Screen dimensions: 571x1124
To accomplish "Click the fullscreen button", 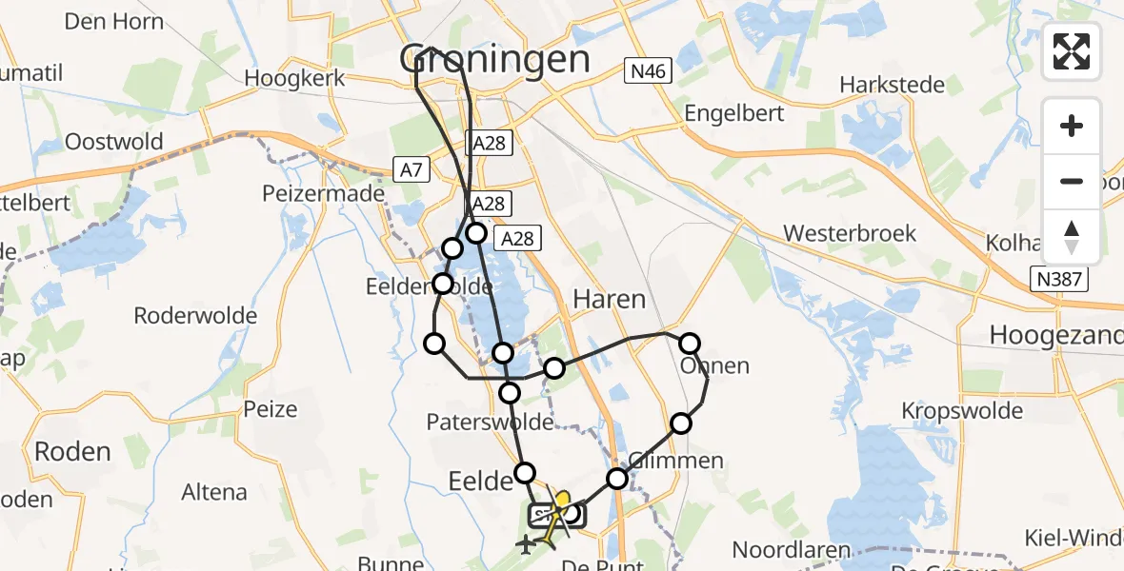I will coord(1072,51).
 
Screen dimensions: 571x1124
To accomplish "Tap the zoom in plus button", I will coord(1072,126).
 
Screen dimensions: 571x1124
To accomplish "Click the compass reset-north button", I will coord(1072,236).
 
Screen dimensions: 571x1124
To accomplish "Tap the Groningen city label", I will coord(494,59).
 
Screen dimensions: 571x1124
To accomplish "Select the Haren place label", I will coord(609,299).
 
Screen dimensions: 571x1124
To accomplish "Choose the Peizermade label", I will coord(324,194).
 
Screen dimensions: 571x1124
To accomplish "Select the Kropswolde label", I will coord(963,411).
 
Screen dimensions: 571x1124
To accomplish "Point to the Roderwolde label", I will coord(195,315).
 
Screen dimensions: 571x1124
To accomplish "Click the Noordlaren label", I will coord(794,549).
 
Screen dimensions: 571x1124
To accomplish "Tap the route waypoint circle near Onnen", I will coord(690,344).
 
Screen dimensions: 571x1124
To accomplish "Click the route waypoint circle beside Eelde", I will coord(526,472).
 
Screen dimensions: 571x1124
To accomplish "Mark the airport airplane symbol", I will coord(525,545).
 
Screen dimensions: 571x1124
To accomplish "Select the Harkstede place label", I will coord(892,85).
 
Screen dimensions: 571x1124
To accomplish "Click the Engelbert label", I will coord(734,113).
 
